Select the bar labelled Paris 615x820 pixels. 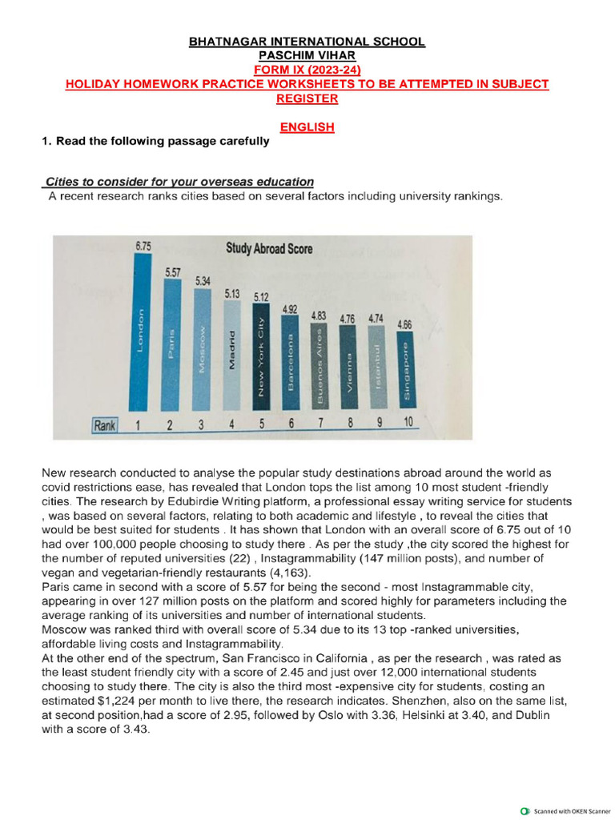(172, 345)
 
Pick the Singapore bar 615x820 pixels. (406, 372)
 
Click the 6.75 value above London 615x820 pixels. (142, 247)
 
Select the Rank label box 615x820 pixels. (104, 425)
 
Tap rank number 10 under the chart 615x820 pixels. (408, 423)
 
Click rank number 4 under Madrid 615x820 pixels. (231, 424)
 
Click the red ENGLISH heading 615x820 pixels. (307, 127)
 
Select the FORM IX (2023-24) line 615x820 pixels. (307, 70)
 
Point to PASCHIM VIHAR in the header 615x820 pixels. (307, 55)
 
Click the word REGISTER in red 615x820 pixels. (307, 98)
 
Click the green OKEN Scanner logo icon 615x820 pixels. (525, 810)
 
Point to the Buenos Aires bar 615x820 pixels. (319, 364)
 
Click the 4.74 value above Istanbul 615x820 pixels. (376, 318)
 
